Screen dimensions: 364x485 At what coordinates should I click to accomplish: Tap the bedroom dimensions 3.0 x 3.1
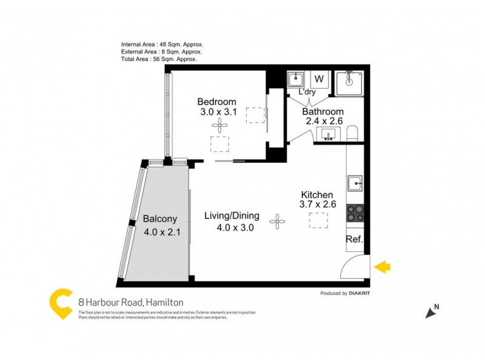[218, 112]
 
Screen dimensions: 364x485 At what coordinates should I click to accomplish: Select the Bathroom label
[323, 112]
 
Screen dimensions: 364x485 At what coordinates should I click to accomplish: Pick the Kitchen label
[317, 195]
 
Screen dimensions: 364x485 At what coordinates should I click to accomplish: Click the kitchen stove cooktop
[355, 214]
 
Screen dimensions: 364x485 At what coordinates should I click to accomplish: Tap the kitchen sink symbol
[355, 181]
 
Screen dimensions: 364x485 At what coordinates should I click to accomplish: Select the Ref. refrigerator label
[354, 239]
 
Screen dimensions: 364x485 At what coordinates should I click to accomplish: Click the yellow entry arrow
[383, 266]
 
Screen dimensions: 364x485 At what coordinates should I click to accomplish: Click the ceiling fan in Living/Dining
[278, 222]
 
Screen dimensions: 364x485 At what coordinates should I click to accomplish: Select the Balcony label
[159, 220]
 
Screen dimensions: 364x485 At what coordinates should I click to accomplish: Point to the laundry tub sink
[296, 79]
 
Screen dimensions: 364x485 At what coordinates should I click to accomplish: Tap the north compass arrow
[432, 312]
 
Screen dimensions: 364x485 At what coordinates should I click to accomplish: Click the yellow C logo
[61, 303]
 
